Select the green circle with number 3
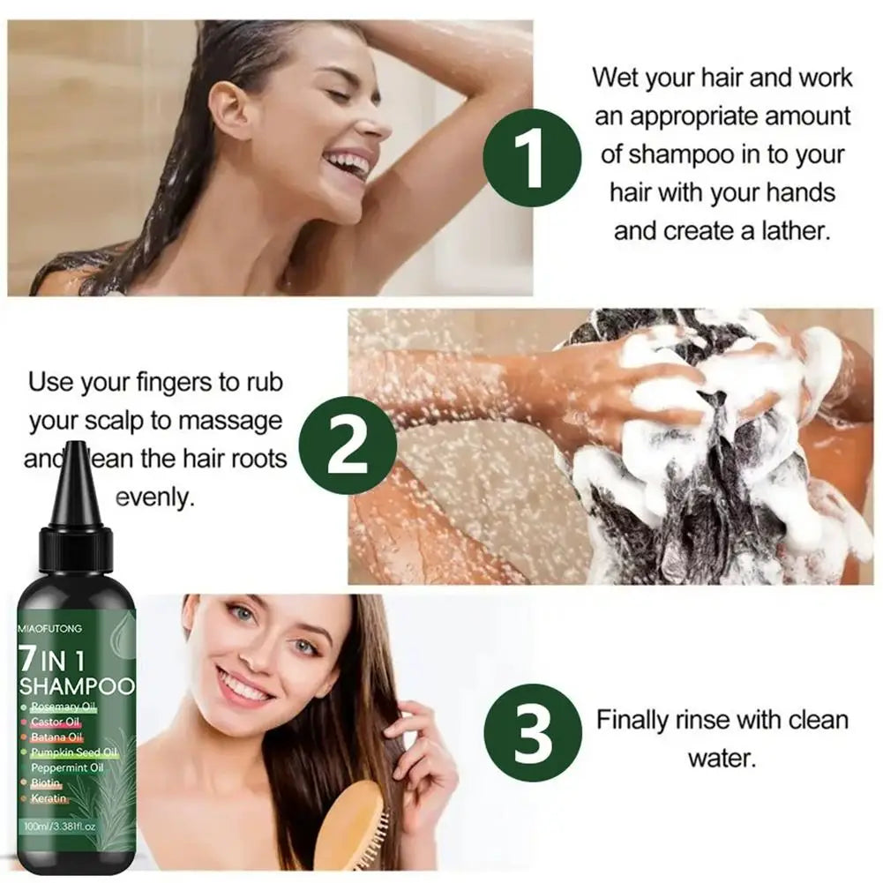535,731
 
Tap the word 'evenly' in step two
154,498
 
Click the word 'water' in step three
722,758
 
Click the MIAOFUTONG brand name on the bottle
49,629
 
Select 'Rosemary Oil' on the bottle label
63,707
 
